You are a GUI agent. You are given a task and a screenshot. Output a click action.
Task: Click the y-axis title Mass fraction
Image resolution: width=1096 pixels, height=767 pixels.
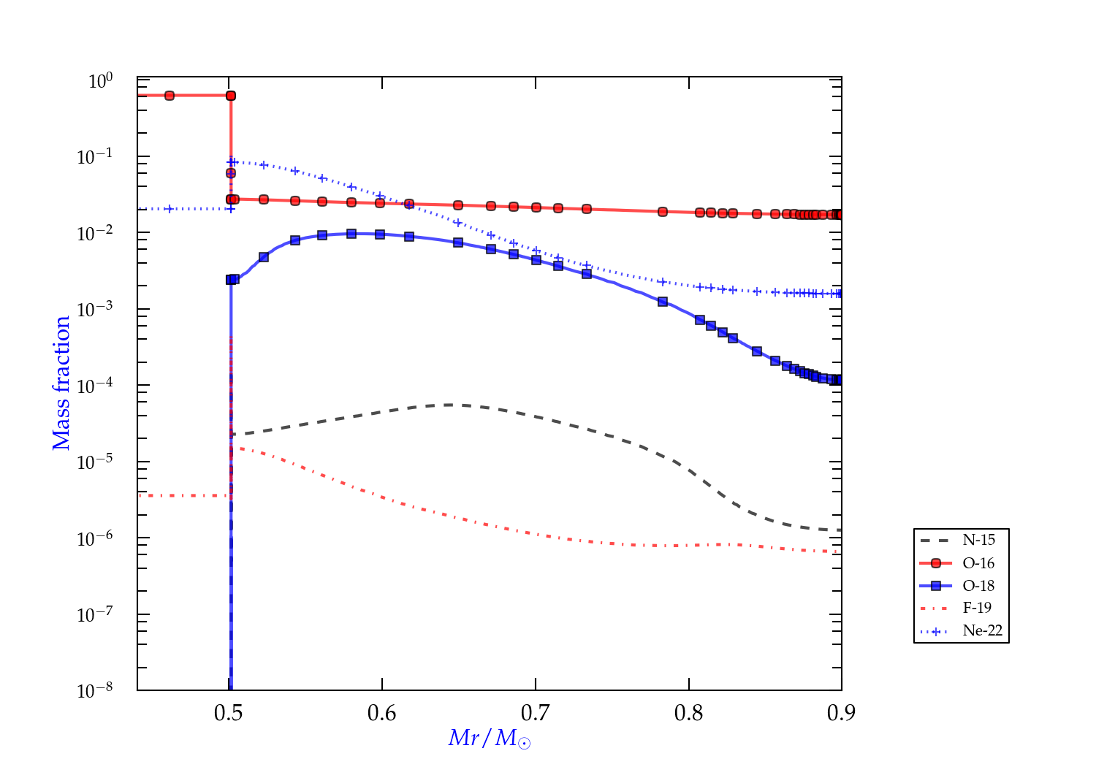[61, 383]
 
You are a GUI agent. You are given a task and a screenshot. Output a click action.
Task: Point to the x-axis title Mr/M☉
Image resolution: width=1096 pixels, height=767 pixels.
[490, 739]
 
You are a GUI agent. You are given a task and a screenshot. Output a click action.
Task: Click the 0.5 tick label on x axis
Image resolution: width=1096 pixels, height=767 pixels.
[229, 713]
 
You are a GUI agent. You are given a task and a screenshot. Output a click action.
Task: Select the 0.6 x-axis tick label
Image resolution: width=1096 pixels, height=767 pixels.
[382, 713]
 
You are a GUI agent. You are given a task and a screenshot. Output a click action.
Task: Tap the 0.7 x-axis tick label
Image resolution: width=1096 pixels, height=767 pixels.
[536, 713]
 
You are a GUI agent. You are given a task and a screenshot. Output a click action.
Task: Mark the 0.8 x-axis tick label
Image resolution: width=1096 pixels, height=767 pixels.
[688, 713]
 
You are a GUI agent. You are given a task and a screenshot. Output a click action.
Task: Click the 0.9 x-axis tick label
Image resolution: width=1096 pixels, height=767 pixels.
[842, 713]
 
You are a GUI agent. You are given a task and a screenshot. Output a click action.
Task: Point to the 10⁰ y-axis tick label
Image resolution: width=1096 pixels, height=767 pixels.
[101, 80]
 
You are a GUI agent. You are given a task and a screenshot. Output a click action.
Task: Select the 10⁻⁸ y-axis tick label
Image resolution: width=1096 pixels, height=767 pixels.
[95, 690]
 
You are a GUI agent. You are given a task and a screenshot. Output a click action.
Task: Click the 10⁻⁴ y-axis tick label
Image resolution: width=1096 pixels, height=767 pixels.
[95, 386]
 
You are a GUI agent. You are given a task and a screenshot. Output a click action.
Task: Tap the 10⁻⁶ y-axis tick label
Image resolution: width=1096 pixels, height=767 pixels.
[95, 538]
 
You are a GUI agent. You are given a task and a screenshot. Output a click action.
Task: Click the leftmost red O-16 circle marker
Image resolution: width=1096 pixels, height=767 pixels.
[170, 96]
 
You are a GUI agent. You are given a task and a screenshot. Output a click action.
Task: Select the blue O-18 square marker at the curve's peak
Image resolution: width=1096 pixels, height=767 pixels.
[351, 234]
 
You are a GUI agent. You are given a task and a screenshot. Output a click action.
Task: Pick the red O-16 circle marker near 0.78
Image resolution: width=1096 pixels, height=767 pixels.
[663, 212]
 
